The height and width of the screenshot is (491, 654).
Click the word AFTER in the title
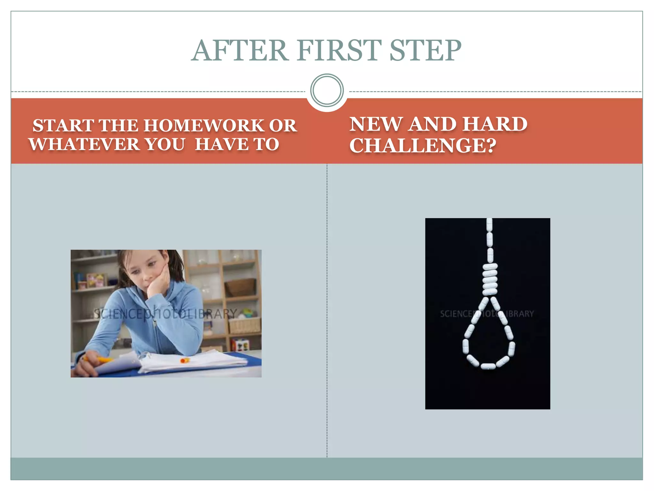[x=240, y=51]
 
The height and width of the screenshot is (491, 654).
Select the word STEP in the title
[x=425, y=51]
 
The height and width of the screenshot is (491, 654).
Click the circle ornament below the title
[x=327, y=90]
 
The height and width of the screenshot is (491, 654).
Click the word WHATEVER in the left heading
[x=84, y=144]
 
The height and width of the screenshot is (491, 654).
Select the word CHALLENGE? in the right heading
[x=423, y=146]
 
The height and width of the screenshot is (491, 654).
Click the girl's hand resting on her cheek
[x=159, y=281]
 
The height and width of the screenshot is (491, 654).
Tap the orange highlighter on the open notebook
[x=185, y=361]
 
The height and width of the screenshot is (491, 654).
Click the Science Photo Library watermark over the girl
[x=166, y=314]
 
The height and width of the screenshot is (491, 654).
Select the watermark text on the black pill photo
[x=487, y=314]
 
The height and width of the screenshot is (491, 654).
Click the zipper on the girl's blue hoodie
[x=155, y=332]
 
